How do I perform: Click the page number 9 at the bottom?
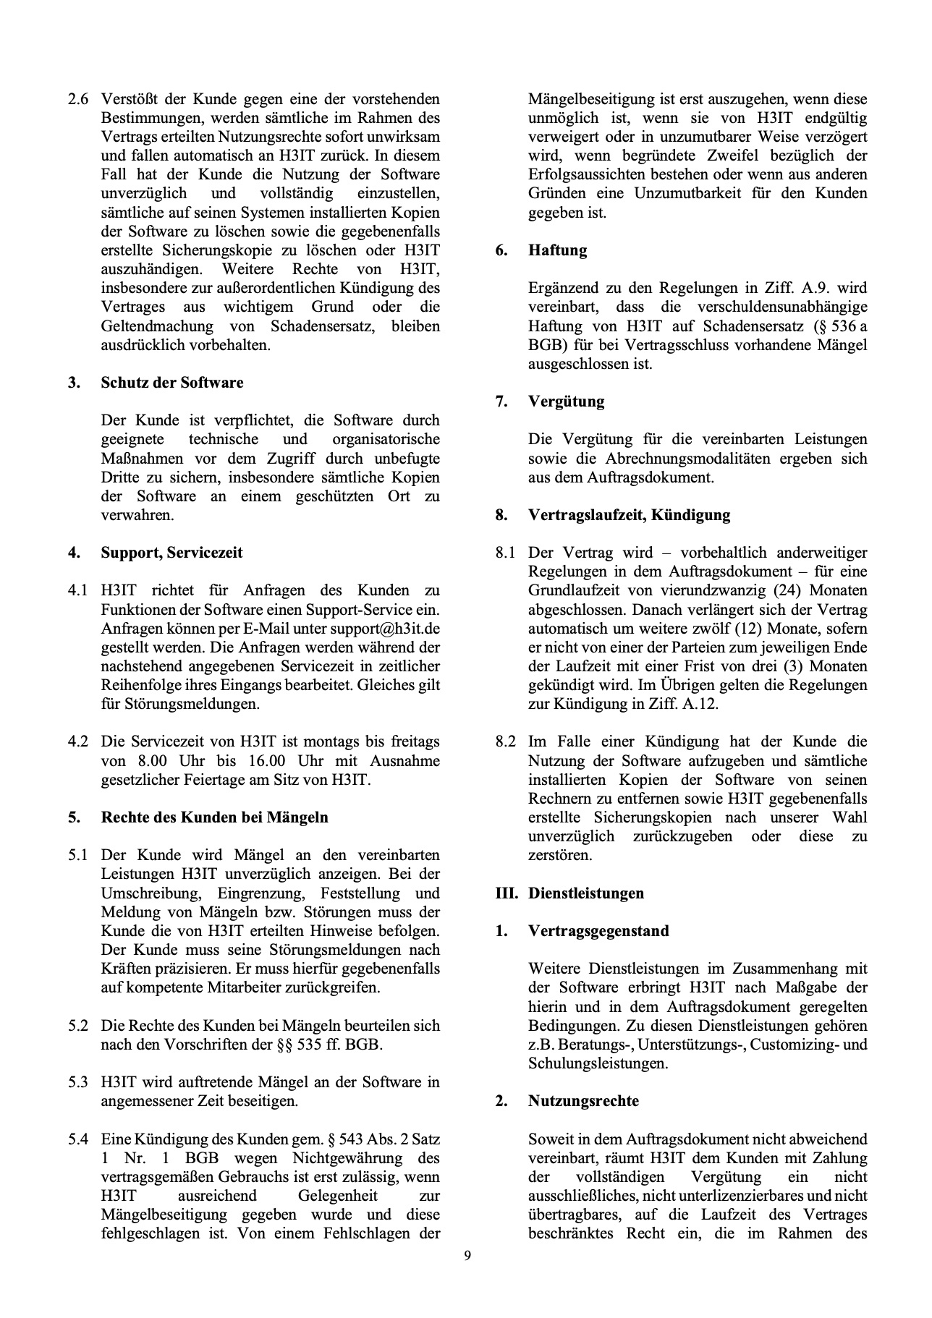click(x=467, y=1255)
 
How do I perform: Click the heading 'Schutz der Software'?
click(x=171, y=383)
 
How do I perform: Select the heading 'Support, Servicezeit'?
click(x=171, y=553)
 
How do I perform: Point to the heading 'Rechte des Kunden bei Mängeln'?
click(x=214, y=817)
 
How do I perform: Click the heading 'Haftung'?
click(x=557, y=250)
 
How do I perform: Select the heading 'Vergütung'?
click(x=566, y=401)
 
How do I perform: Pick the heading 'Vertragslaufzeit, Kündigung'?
click(x=629, y=515)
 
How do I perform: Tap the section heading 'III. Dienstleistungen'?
click(x=569, y=893)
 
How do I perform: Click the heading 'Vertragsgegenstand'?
click(x=598, y=931)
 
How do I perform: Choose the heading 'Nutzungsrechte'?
click(x=583, y=1101)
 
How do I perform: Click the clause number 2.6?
click(x=78, y=99)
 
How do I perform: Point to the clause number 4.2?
click(x=78, y=741)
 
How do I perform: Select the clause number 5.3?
click(x=78, y=1082)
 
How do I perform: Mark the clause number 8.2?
click(x=505, y=741)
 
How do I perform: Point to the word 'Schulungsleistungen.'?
click(x=598, y=1063)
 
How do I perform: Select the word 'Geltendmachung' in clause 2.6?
click(x=157, y=326)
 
